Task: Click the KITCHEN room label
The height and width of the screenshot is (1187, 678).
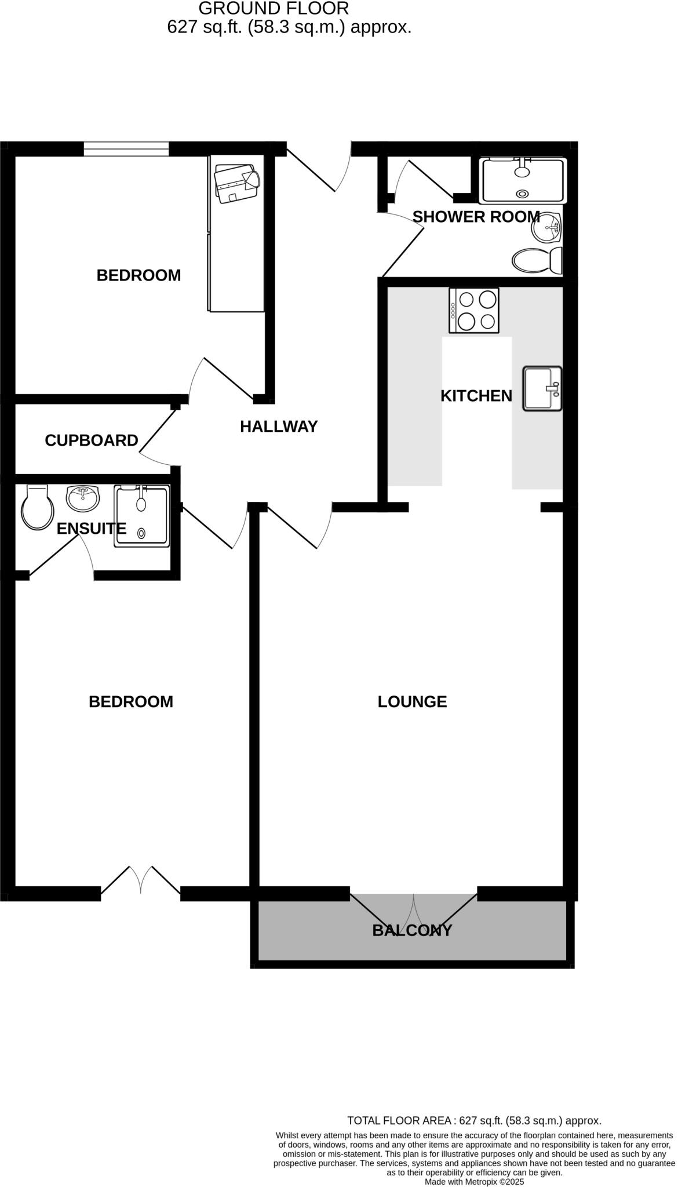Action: tap(476, 396)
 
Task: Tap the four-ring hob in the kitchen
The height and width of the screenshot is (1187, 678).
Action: tap(473, 311)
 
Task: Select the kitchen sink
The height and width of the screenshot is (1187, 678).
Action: tap(542, 389)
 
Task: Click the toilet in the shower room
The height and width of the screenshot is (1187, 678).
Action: tap(537, 260)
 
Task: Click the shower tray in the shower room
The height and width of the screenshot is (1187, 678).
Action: tap(523, 180)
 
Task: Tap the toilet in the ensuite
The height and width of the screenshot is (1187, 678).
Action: tap(37, 508)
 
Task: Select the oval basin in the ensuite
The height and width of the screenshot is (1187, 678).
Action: tap(83, 498)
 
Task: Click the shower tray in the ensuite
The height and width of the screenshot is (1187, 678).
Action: tap(142, 516)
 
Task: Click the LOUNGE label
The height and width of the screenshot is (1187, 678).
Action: tap(412, 702)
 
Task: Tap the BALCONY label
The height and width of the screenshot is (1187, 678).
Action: tap(411, 930)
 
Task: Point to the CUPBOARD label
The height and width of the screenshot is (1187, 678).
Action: tap(92, 440)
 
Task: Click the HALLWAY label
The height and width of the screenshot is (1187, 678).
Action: tap(279, 427)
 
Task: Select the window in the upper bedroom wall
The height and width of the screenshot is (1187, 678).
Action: tap(126, 149)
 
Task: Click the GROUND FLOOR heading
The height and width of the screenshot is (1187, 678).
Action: tap(274, 8)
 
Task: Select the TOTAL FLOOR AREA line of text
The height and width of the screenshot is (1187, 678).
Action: tap(473, 1120)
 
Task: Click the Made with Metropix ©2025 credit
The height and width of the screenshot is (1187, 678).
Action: tap(474, 1181)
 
